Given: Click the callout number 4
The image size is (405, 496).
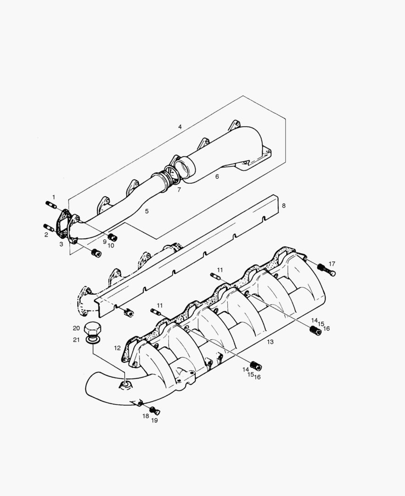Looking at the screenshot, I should point(180,126).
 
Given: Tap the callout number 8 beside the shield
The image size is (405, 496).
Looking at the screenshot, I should point(283,206).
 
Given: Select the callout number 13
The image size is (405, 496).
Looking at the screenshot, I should point(270,342).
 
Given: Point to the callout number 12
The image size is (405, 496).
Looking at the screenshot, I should point(118,348).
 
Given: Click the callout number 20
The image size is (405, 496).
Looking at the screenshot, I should point(76,328).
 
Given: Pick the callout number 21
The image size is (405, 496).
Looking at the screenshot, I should point(76,339).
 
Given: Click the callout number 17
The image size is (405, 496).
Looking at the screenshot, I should point(332,264).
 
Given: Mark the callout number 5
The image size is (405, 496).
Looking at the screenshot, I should point(146,211).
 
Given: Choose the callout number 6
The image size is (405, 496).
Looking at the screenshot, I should point(217,176).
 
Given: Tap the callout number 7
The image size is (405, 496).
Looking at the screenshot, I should point(179,189).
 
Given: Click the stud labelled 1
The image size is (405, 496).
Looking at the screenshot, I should point(51,205).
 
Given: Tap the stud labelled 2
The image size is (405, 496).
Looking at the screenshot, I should point(49,227).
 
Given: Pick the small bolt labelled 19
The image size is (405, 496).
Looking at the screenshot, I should point(156,411).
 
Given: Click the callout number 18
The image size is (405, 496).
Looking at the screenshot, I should point(146,416).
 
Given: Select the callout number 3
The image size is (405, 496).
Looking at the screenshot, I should point(61,244).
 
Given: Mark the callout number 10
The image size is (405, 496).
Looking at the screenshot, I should point(111,246).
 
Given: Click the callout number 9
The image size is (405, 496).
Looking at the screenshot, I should point(105,241).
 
